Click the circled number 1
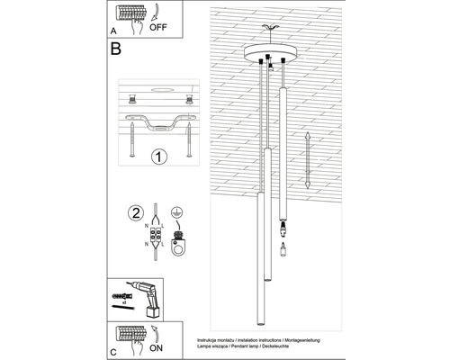click(x=159, y=157)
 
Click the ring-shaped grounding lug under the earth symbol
click(x=178, y=243)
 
